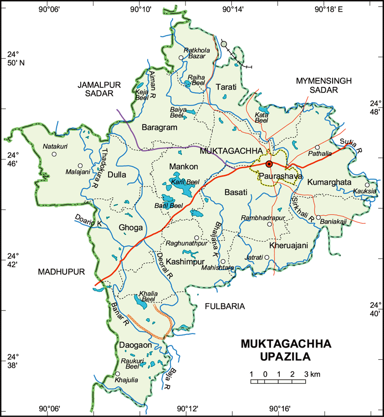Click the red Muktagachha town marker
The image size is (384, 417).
coord(269,164)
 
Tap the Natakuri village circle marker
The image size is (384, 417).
coord(54,154)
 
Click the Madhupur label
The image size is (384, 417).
coord(61,271)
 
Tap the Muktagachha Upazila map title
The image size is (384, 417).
coord(286,350)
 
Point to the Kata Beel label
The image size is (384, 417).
coord(262,117)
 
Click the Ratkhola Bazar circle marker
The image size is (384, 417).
coord(181,58)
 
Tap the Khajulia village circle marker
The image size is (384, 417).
coord(117,374)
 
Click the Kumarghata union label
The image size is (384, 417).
coord(330,182)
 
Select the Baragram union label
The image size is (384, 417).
coord(159,127)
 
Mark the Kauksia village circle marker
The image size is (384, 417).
coord(367,185)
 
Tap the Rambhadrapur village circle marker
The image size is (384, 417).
coord(269,224)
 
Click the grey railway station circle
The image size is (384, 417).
coord(224,44)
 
